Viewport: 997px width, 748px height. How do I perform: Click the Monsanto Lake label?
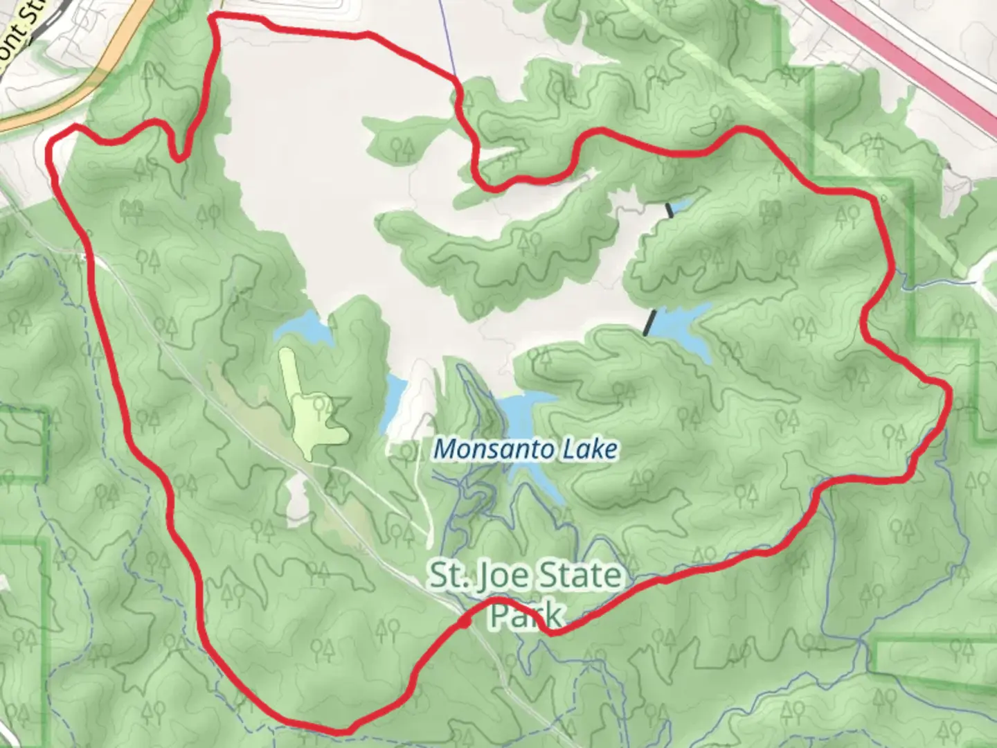[525, 449]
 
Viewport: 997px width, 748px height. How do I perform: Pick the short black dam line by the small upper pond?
[670, 210]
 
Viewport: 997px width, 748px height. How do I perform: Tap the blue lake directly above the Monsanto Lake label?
[530, 412]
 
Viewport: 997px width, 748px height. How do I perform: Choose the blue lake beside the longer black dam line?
[682, 329]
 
